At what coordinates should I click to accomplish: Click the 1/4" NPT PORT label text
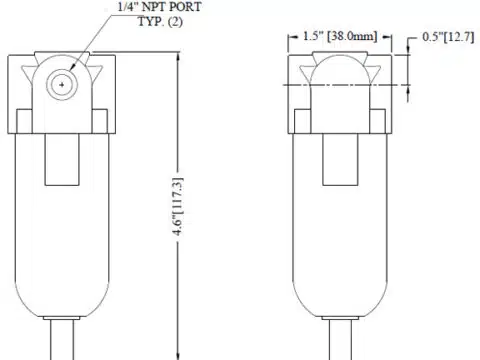[x=160, y=7]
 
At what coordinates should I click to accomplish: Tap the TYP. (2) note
[x=160, y=22]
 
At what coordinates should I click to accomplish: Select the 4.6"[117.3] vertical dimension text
[x=178, y=207]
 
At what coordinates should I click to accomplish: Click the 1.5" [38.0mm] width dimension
[x=340, y=36]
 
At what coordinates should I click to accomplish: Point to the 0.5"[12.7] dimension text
[x=448, y=37]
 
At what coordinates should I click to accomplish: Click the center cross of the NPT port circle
[x=62, y=85]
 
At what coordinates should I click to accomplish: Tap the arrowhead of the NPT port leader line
[x=71, y=68]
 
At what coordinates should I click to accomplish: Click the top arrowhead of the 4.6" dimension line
[x=178, y=57]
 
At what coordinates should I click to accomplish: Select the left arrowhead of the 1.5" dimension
[x=293, y=37]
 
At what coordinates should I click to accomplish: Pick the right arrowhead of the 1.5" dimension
[x=387, y=37]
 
